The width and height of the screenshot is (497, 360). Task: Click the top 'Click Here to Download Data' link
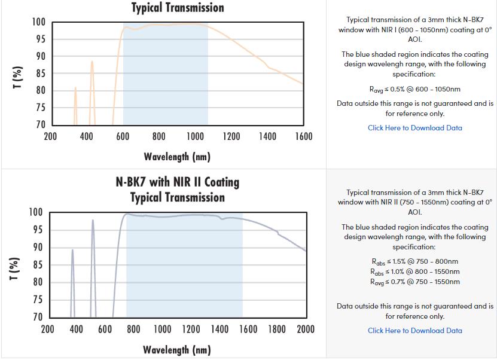pyautogui.click(x=414, y=127)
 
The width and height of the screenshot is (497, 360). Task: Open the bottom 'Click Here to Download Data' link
pyautogui.click(x=414, y=330)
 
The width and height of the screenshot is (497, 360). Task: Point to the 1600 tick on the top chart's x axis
pyautogui.click(x=304, y=136)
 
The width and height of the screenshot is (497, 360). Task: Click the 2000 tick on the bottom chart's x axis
pyautogui.click(x=306, y=329)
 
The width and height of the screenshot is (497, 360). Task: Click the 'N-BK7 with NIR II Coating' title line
pyautogui.click(x=177, y=182)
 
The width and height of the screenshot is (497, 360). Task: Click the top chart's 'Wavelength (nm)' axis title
pyautogui.click(x=177, y=157)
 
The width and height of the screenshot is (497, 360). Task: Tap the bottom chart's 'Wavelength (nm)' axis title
pyautogui.click(x=177, y=350)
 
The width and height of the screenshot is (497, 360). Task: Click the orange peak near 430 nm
pyautogui.click(x=92, y=62)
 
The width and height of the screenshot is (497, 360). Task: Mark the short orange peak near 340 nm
pyautogui.click(x=75, y=89)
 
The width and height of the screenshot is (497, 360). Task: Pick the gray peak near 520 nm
pyautogui.click(x=93, y=221)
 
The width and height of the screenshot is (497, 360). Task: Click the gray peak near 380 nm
pyautogui.click(x=72, y=251)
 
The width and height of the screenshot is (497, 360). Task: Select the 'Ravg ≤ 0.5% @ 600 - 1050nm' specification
pyautogui.click(x=414, y=89)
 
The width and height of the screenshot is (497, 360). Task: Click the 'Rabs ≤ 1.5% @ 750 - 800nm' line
pyautogui.click(x=414, y=261)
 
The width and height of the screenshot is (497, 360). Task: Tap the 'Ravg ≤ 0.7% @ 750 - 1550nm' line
pyautogui.click(x=414, y=282)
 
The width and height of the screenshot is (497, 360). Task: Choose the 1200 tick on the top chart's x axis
pyautogui.click(x=231, y=136)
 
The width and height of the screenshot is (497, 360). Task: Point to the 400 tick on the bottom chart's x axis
pyautogui.click(x=76, y=329)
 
